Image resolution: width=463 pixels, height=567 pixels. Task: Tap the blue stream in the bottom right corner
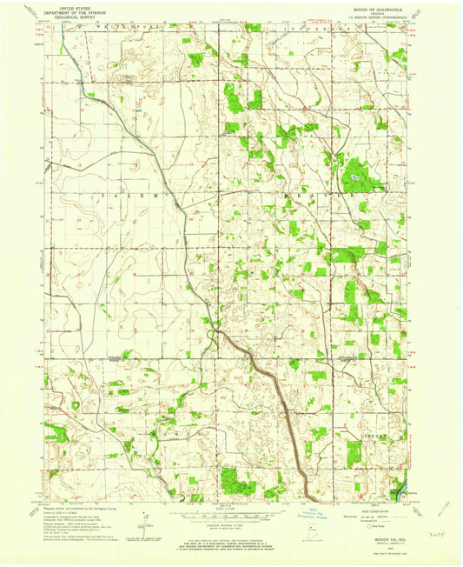tap(399, 495)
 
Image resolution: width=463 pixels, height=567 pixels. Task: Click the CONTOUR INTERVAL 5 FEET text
tap(231, 524)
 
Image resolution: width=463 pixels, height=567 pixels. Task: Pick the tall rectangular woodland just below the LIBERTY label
tap(354, 450)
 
